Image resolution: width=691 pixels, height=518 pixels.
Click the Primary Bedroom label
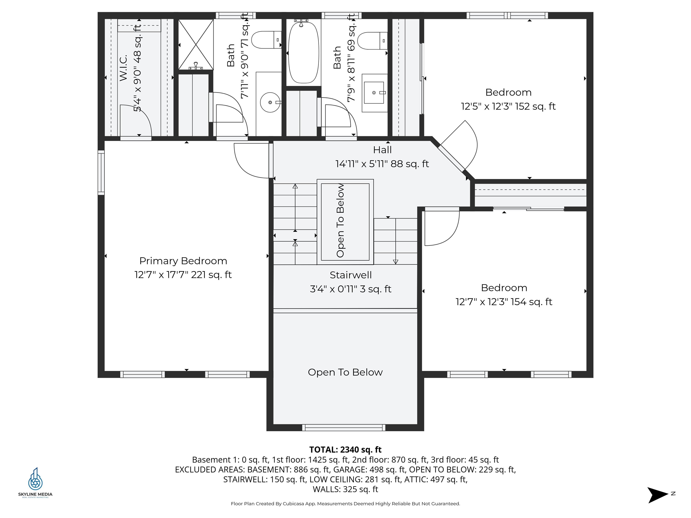183,261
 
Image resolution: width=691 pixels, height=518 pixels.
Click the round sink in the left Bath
270,102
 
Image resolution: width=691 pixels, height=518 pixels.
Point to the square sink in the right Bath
374,93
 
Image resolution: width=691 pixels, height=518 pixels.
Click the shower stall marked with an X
196,44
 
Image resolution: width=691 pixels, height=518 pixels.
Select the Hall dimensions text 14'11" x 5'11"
382,164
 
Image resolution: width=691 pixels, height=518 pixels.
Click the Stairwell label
350,275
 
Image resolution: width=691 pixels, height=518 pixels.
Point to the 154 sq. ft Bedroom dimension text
504,302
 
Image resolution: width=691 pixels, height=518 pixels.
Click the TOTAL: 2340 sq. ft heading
345,450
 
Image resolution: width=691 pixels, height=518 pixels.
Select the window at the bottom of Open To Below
344,428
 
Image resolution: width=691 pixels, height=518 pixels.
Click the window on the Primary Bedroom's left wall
101,173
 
